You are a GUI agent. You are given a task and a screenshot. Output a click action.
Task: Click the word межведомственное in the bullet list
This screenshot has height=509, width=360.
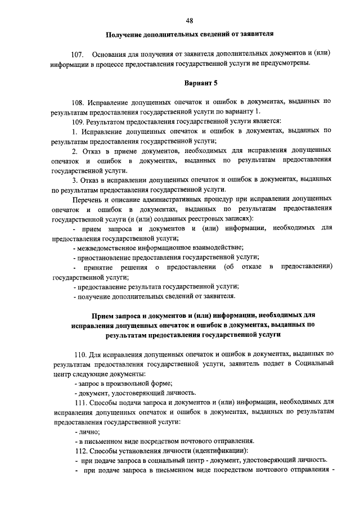110,247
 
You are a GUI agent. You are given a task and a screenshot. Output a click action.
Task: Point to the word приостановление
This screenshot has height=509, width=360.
106,257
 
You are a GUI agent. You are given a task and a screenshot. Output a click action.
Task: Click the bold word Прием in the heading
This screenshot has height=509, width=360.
103,315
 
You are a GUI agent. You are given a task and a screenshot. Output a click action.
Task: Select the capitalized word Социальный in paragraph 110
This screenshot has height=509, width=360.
314,363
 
